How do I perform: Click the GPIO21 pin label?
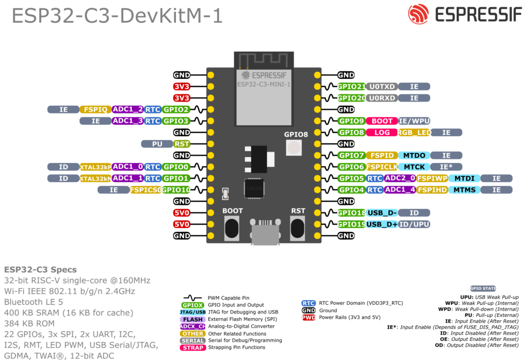351,87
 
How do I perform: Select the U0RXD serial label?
382,98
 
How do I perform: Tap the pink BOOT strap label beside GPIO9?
382,121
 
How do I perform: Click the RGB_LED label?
414,133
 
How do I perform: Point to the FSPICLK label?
382,167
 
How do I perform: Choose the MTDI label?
465,178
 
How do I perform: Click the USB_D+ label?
382,224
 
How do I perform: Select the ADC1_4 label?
400,190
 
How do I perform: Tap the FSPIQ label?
95,109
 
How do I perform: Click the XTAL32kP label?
95,167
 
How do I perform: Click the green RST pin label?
181,144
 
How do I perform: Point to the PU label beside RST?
157,144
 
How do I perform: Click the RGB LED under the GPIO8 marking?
293,148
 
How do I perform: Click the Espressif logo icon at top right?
418,14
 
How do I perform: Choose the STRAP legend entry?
193,348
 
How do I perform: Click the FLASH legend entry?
193,319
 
